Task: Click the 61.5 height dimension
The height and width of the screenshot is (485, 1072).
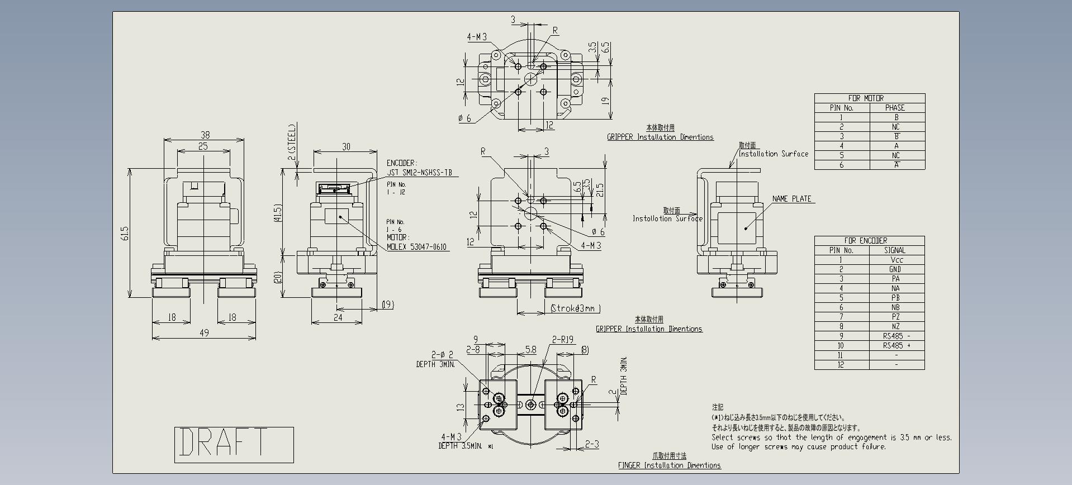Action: click(125, 233)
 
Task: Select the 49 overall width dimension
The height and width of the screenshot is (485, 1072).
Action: click(204, 332)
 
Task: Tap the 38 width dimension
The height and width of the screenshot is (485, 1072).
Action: click(205, 135)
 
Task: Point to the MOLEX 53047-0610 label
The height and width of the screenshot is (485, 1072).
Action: click(416, 246)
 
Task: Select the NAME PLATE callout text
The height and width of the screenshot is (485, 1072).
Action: click(791, 199)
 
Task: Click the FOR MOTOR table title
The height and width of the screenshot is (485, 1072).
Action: click(866, 98)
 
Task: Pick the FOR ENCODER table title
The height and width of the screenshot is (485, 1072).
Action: click(865, 241)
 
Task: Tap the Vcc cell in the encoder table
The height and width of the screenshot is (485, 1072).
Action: click(896, 260)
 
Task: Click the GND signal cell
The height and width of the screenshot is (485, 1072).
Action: click(895, 269)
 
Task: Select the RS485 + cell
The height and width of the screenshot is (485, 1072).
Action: click(897, 346)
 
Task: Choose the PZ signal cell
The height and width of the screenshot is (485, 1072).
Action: click(896, 317)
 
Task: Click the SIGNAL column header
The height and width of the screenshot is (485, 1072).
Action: click(894, 250)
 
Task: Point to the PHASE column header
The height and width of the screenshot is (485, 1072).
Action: click(895, 108)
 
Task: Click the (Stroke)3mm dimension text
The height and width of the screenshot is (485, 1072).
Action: click(575, 308)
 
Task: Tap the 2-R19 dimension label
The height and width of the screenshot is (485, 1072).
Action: click(563, 340)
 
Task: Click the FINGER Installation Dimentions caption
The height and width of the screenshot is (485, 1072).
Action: click(669, 465)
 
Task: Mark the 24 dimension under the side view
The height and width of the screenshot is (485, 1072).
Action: click(338, 317)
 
